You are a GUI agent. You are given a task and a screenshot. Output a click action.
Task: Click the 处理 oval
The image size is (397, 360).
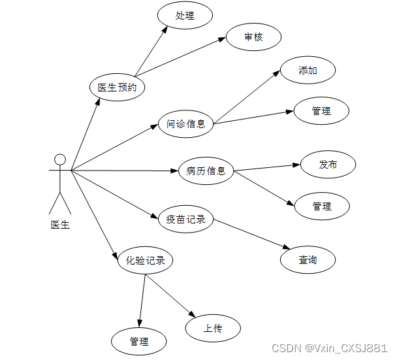click(x=185, y=16)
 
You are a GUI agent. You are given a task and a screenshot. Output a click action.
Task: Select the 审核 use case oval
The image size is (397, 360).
click(x=253, y=37)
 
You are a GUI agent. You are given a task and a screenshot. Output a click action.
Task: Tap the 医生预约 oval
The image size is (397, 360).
click(x=117, y=88)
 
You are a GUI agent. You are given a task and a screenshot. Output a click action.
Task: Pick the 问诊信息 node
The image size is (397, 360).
click(x=186, y=123)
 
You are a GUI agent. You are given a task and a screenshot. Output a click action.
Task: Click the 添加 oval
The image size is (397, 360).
click(x=308, y=71)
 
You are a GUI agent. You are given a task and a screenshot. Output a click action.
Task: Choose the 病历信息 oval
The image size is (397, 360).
click(x=206, y=171)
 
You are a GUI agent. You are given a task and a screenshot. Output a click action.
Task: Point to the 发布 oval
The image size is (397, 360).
click(x=328, y=165)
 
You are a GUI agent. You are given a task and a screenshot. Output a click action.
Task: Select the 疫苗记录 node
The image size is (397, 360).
click(x=186, y=220)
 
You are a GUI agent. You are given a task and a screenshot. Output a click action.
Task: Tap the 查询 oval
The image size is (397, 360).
click(x=308, y=260)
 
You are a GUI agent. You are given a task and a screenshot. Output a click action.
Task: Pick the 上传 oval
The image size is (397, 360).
click(x=213, y=328)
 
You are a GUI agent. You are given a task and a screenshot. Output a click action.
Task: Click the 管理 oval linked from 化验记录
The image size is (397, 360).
click(x=139, y=341)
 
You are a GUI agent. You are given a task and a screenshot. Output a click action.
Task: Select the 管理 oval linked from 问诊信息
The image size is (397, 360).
click(x=321, y=111)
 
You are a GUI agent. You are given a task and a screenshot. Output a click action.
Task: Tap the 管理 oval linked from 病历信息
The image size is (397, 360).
click(x=322, y=206)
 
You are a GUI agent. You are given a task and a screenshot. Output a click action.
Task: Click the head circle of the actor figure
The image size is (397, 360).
click(x=60, y=159)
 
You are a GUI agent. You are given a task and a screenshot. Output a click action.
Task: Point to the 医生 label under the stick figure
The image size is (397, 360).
click(x=60, y=225)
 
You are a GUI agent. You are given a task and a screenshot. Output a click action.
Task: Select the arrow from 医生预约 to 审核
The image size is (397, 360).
click(x=180, y=58)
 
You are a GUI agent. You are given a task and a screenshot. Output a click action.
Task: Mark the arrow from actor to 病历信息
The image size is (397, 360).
click(x=124, y=171)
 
